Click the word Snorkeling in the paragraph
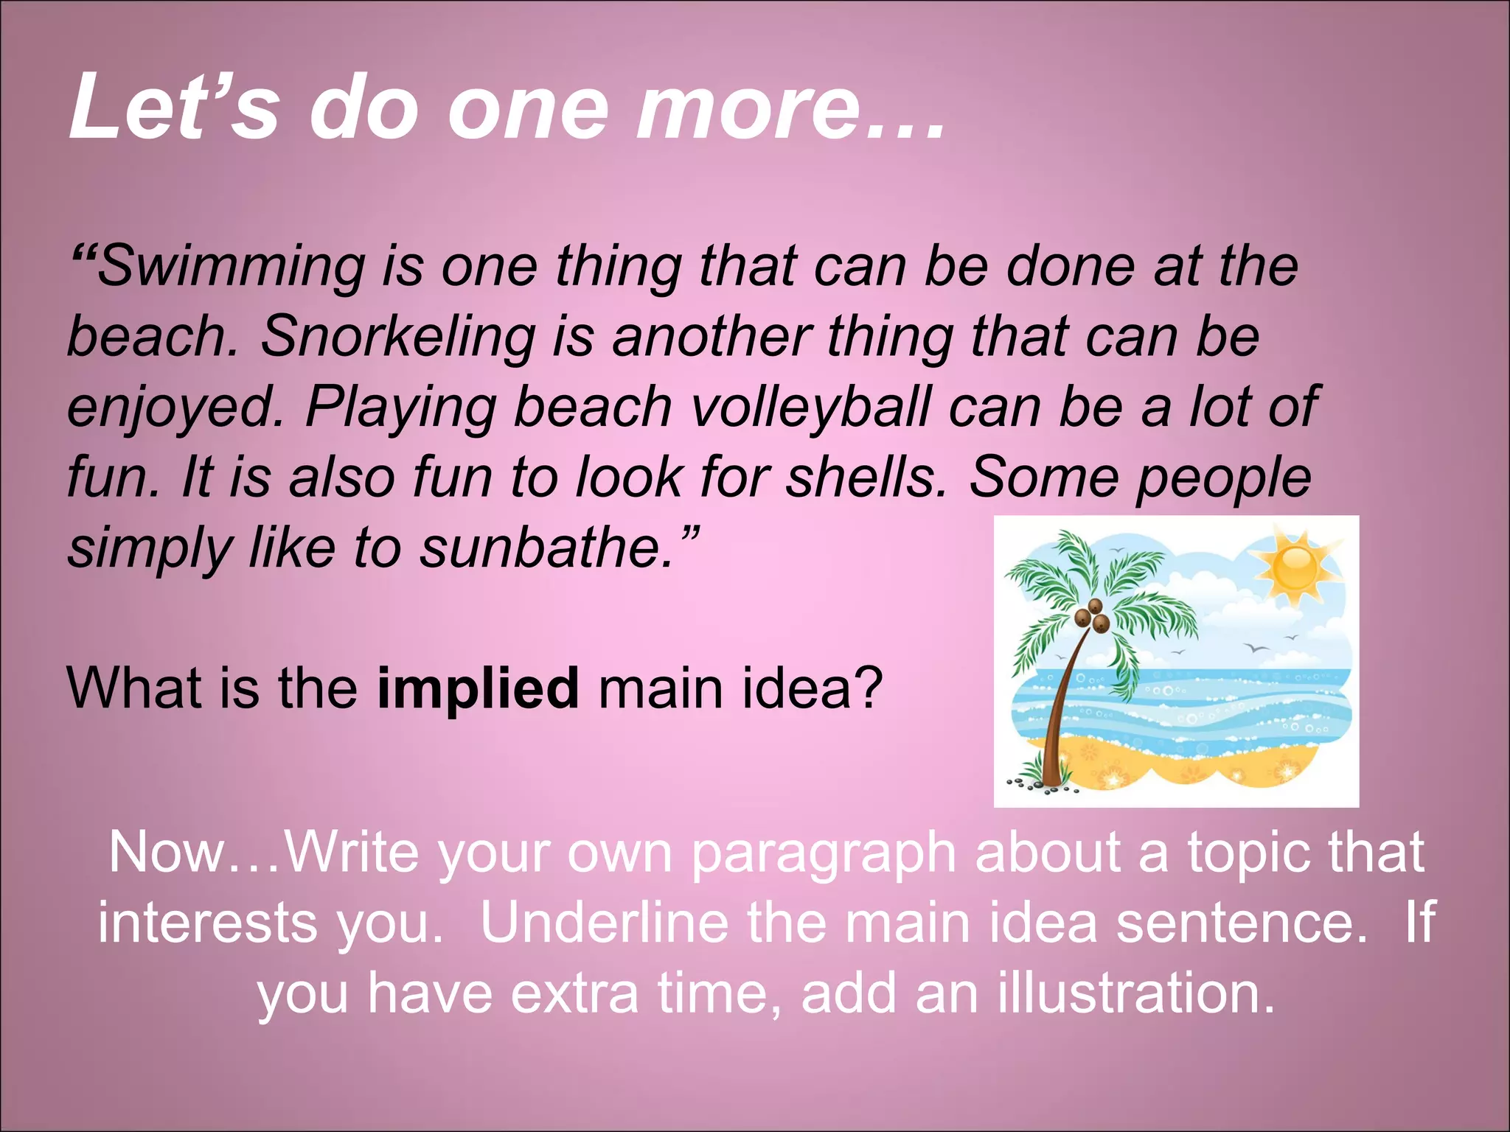(x=397, y=337)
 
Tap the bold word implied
(x=478, y=688)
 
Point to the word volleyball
(x=811, y=407)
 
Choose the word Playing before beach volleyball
(x=401, y=408)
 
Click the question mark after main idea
(x=871, y=688)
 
